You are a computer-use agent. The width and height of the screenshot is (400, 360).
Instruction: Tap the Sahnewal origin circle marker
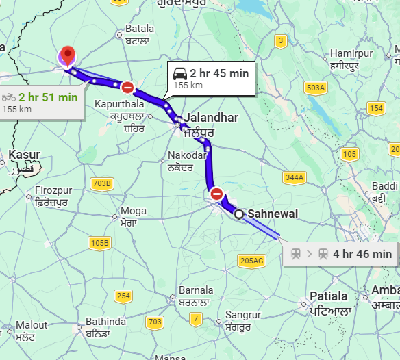pos(239,214)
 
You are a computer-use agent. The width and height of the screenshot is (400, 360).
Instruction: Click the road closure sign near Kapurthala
pos(127,87)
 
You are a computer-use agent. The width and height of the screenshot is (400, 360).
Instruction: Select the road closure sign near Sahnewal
pos(217,194)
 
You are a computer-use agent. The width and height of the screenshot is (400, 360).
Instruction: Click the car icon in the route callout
pos(180,73)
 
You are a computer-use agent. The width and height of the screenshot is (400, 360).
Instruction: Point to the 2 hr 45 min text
pos(219,73)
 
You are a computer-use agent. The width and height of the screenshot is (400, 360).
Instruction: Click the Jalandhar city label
pos(210,118)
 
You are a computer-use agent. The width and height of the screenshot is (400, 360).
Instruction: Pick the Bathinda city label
pos(105,322)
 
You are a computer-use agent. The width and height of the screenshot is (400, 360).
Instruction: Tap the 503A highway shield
pos(316,88)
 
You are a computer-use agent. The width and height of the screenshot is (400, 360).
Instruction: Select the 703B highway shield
pos(101,183)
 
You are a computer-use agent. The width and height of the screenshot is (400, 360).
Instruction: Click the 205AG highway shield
pos(252,260)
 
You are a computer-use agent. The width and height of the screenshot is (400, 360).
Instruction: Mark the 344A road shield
pos(294,178)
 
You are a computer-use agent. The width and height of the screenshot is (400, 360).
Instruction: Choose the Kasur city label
pos(24,155)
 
